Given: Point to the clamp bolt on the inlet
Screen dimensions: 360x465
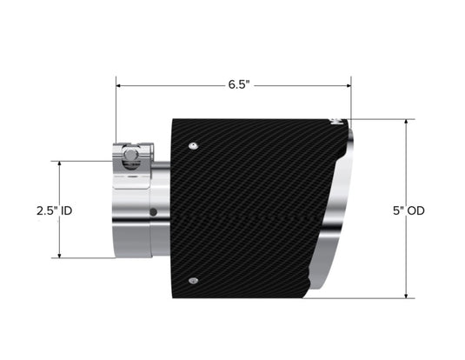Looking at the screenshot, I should click(x=131, y=157).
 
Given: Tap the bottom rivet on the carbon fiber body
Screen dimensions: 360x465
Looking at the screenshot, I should click(x=194, y=280).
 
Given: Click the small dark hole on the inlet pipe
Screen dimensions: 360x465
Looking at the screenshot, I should click(x=153, y=211).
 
